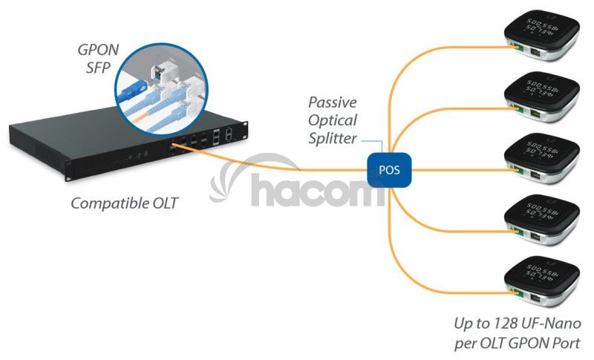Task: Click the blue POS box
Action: (388, 170)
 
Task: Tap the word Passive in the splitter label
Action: (333, 102)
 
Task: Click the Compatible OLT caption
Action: (124, 203)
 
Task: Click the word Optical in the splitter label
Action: (333, 120)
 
